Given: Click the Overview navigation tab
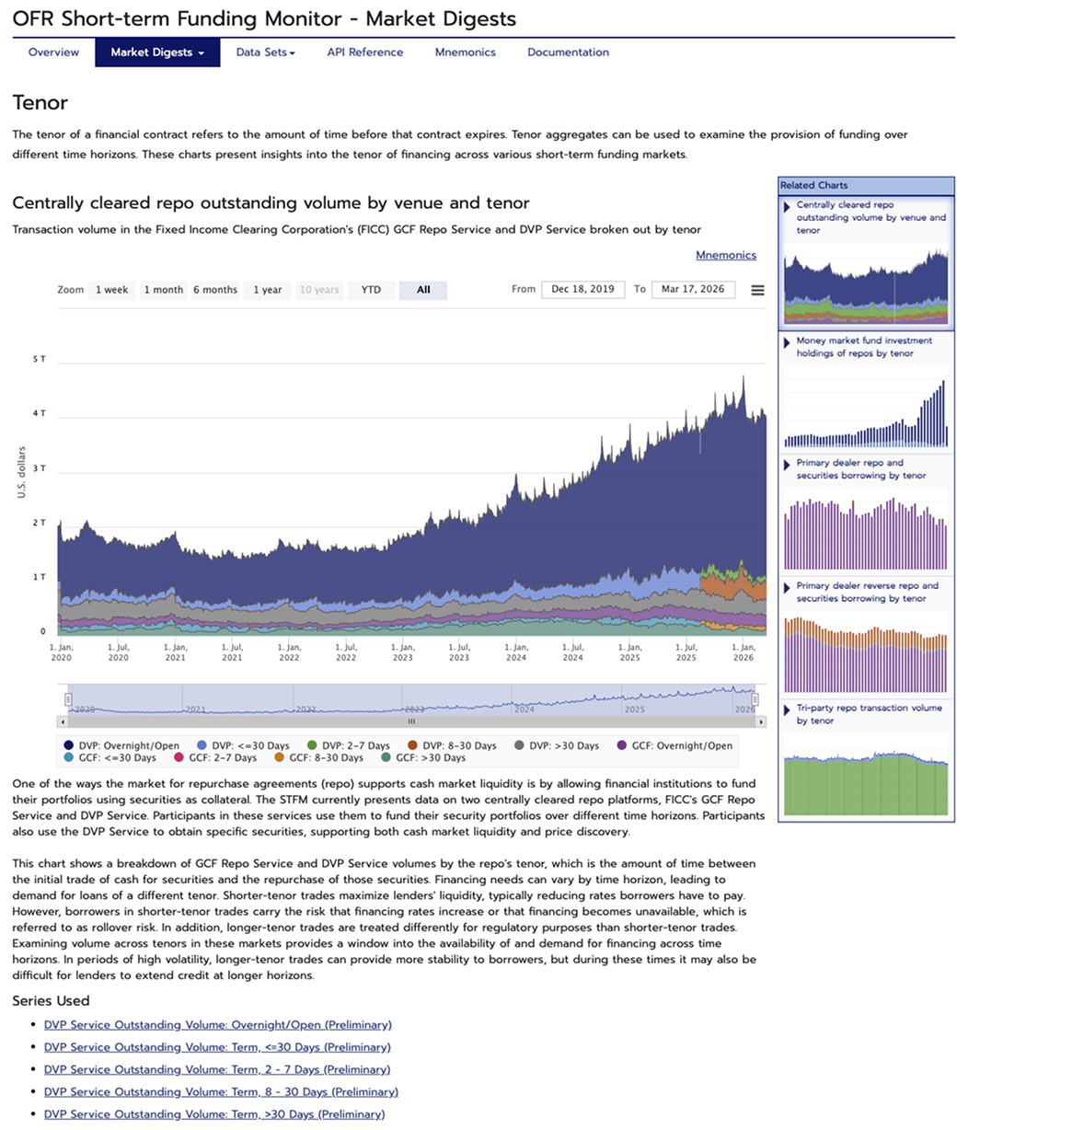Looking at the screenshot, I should click(53, 52).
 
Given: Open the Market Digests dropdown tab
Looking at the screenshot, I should click(157, 52).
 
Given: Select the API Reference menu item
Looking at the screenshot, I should click(364, 52).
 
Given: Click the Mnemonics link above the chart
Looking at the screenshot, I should click(725, 255).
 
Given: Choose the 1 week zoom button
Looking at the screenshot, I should click(111, 290).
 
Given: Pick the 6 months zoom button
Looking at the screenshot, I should click(215, 290).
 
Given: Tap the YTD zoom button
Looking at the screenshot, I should click(371, 290).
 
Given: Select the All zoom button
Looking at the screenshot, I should click(423, 290).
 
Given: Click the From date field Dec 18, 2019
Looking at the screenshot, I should click(582, 289).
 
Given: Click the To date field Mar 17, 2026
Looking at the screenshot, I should click(692, 289).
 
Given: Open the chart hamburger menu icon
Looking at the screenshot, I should click(757, 290).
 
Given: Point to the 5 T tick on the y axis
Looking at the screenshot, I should click(40, 359).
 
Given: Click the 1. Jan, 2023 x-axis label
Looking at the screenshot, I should click(402, 651).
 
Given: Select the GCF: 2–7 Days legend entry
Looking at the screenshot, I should click(222, 757).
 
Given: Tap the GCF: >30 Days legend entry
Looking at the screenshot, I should click(430, 757).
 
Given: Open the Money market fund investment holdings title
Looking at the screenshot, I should click(863, 347).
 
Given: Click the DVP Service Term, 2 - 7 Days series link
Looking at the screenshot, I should click(217, 1069).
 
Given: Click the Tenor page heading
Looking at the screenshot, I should click(40, 102).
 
